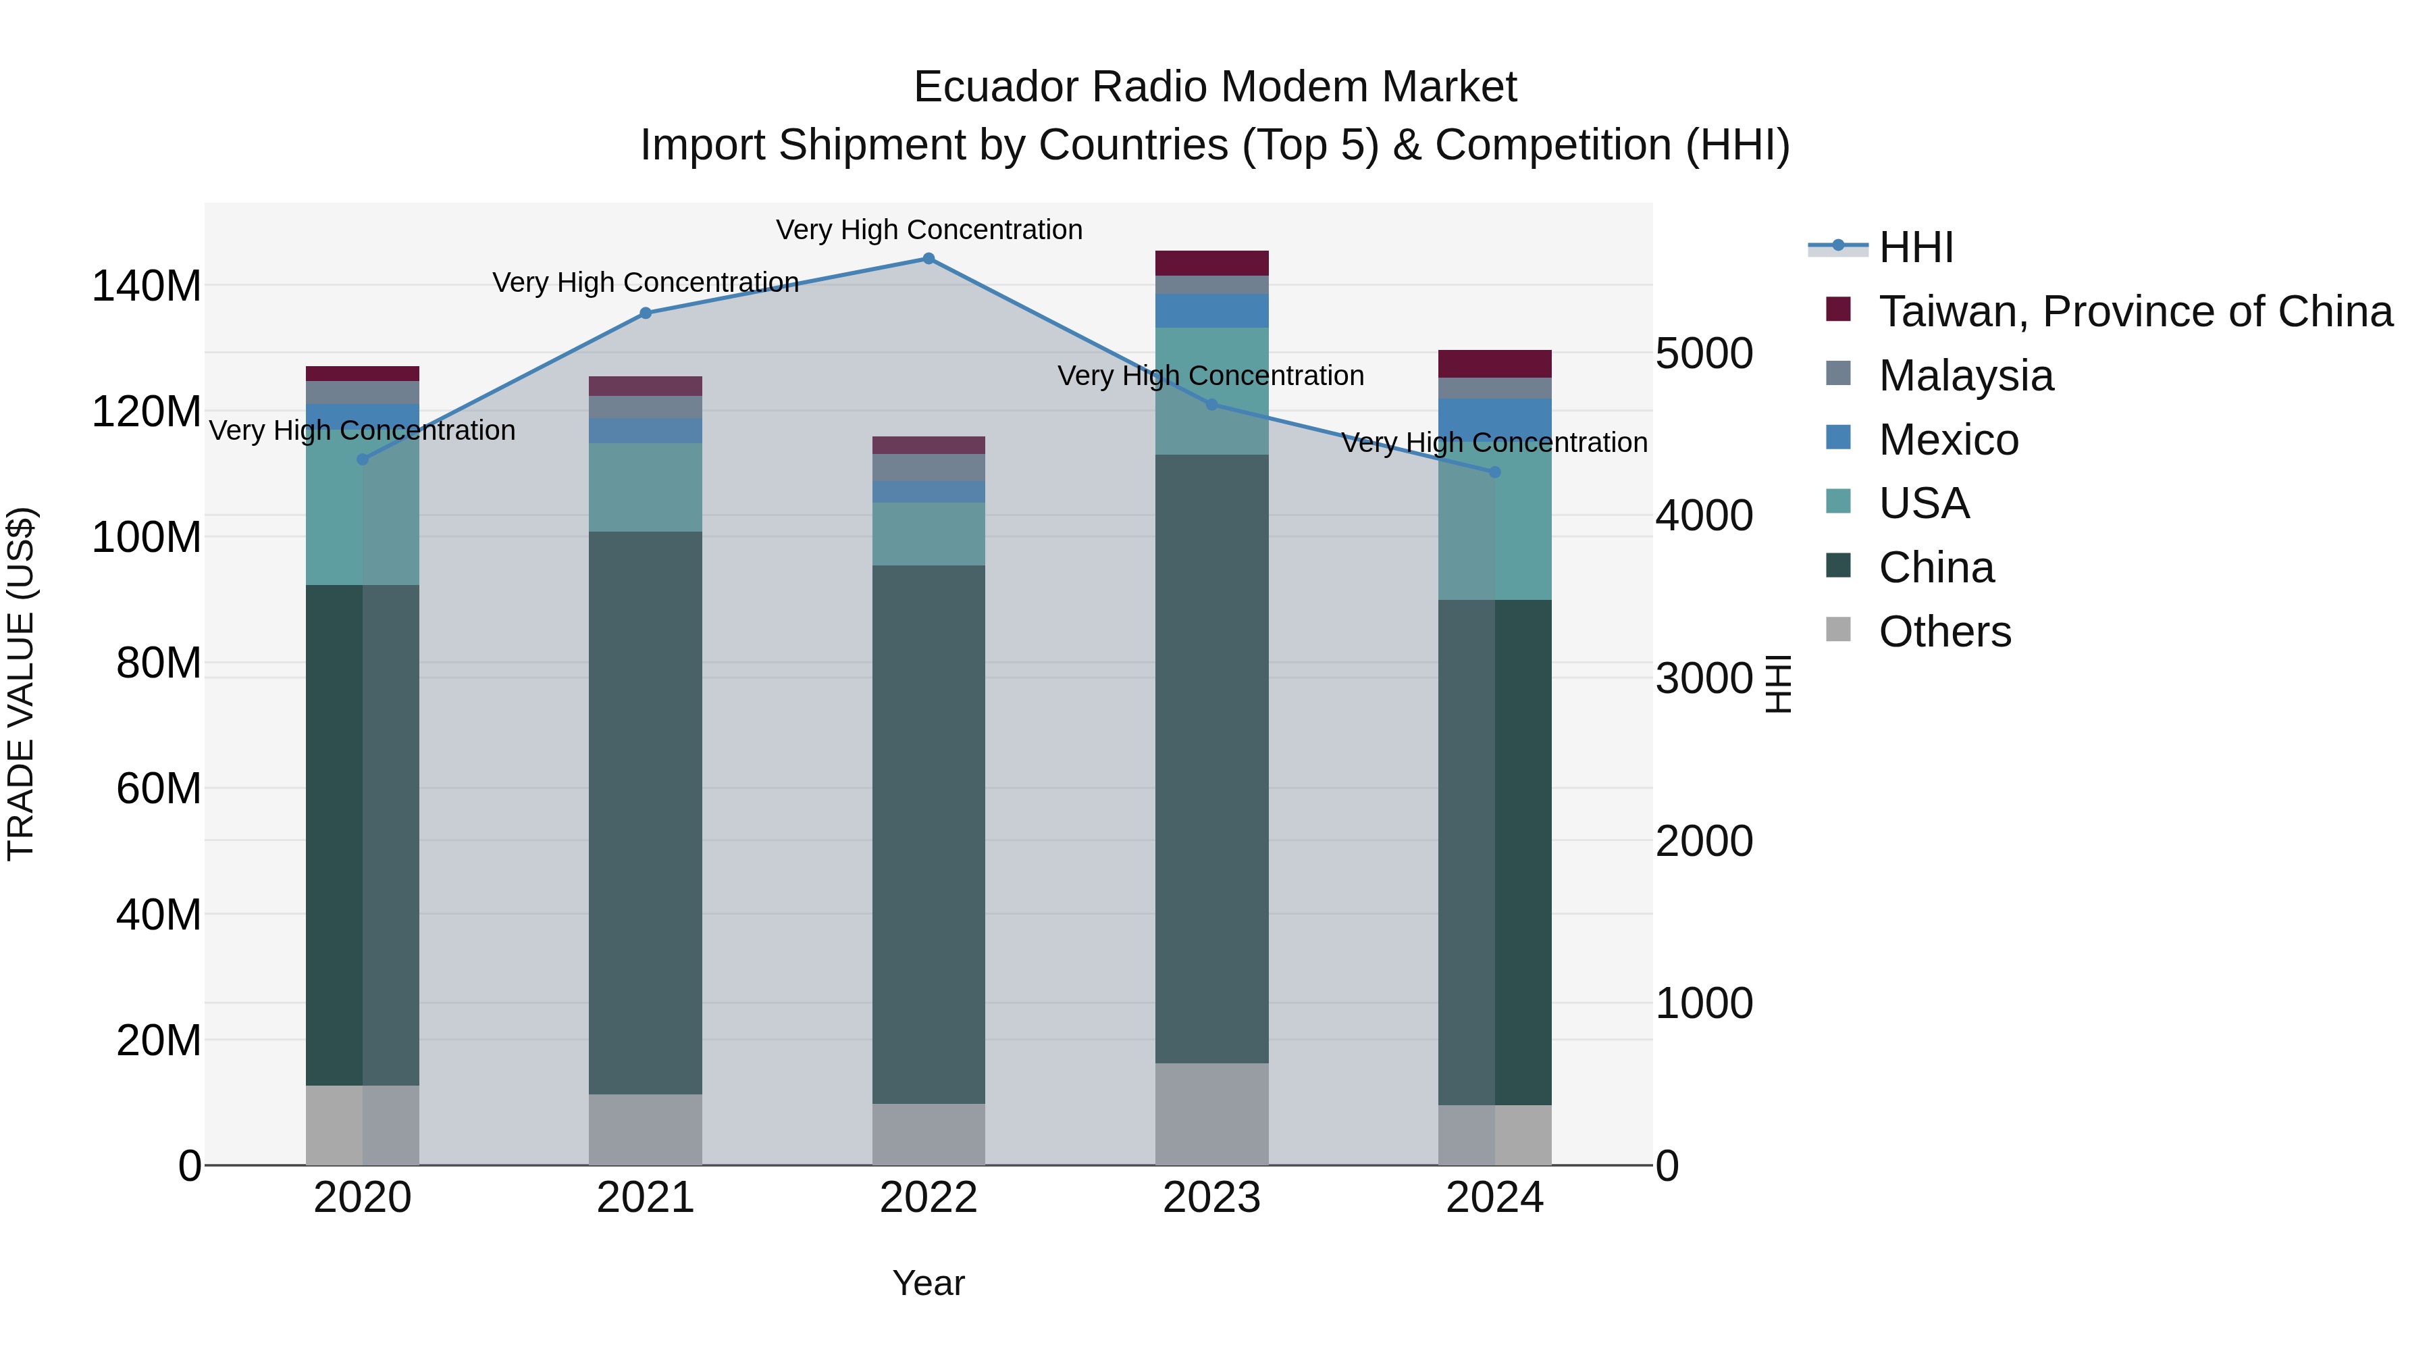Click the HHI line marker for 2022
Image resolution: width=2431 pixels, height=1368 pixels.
pos(929,259)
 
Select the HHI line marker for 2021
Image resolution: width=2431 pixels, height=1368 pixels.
pos(646,313)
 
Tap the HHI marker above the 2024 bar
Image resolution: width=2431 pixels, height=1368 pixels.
pos(1495,472)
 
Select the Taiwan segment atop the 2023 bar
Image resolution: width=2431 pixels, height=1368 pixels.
pos(1211,263)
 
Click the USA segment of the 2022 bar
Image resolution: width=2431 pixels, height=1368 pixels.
pos(929,534)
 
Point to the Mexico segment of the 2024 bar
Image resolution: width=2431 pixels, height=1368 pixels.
pos(1495,411)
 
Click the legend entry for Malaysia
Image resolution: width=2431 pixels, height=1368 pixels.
pos(1965,376)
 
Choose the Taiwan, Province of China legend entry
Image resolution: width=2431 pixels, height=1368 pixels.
pos(2135,311)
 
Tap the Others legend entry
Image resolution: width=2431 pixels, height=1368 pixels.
pos(1944,632)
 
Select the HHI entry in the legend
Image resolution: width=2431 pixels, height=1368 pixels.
pos(1916,247)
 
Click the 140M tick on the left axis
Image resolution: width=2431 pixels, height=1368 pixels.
pos(147,286)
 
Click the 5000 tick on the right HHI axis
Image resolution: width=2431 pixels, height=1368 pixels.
pos(1704,354)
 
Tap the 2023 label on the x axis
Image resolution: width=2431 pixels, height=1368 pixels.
pos(1211,1198)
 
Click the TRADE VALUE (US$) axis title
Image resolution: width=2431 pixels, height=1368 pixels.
pos(21,684)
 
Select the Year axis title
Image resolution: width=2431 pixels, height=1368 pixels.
pos(929,1283)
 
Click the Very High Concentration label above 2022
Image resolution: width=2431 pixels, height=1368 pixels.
pos(929,230)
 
